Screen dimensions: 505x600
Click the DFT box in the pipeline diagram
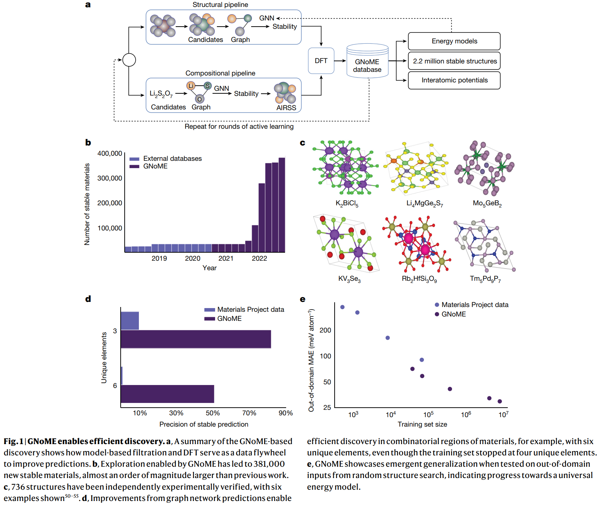coord(321,61)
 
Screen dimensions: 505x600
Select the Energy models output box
coord(454,41)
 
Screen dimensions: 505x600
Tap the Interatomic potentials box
coord(454,80)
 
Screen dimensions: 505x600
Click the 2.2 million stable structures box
coord(454,61)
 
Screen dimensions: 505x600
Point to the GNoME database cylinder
coord(367,62)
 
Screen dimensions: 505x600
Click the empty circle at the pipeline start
coord(129,60)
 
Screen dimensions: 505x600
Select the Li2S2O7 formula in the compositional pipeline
coord(161,94)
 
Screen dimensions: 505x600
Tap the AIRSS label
coord(286,108)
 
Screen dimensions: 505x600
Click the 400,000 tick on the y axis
coord(110,154)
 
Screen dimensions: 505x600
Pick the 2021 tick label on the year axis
coord(226,259)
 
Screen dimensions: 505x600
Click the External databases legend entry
coord(172,159)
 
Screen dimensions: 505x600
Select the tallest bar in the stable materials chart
coord(282,205)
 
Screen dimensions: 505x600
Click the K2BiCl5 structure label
coord(347,203)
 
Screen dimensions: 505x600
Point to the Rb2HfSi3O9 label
coord(419,279)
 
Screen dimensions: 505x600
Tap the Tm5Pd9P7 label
coord(485,279)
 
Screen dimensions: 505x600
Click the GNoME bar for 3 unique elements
coord(196,339)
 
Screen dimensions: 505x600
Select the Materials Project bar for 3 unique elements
coord(130,321)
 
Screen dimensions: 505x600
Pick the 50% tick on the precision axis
coord(213,413)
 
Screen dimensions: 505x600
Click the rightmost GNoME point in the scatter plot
coord(499,401)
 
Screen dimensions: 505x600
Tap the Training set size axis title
coord(422,424)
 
